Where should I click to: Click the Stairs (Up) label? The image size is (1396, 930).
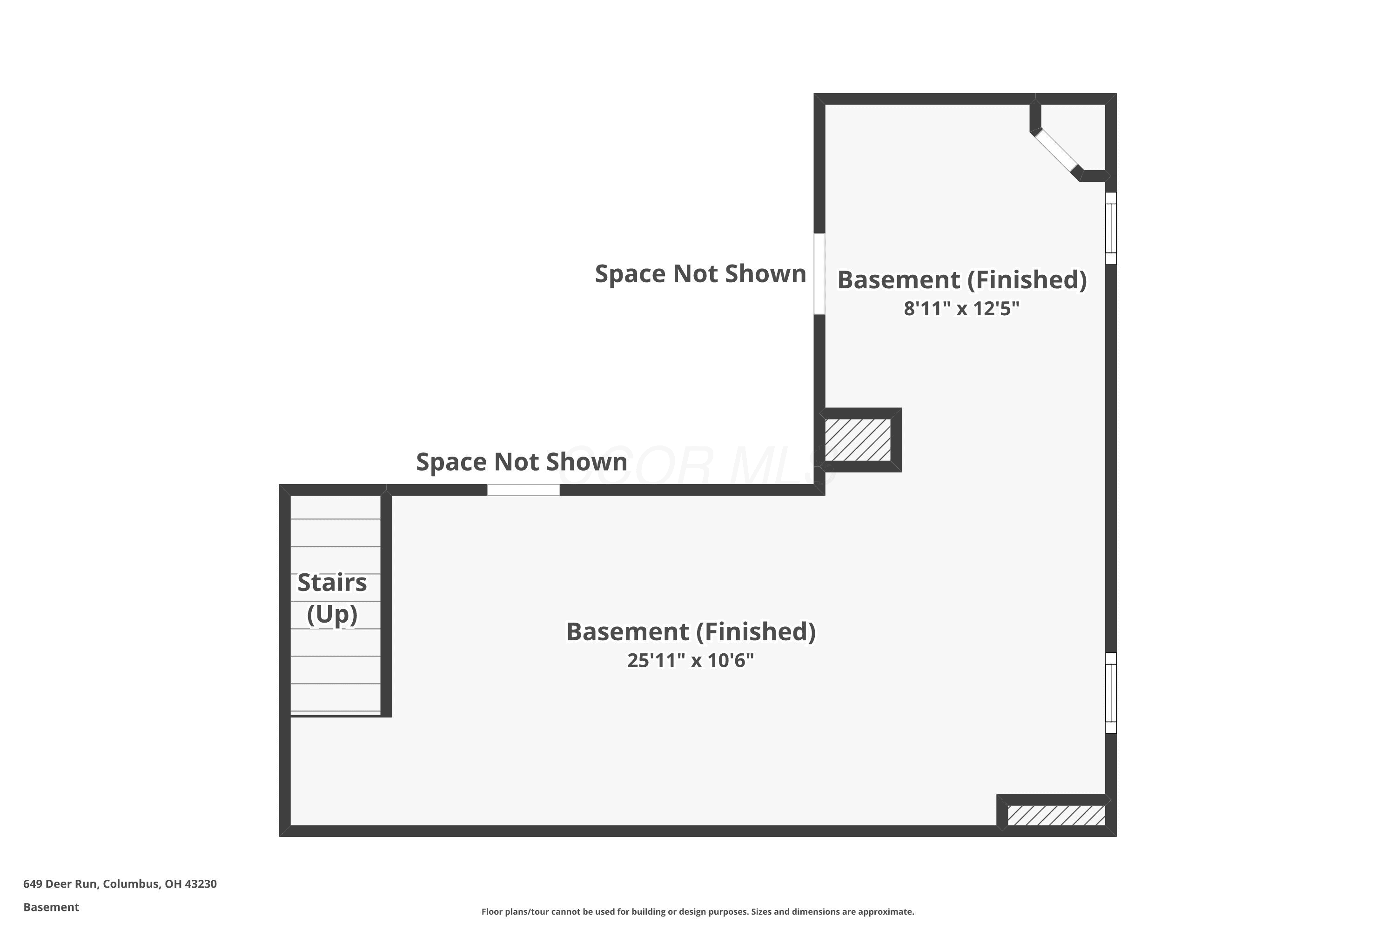tap(332, 598)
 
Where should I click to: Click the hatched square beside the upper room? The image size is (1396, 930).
tap(858, 439)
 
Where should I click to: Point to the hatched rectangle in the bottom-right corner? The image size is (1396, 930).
tap(1056, 815)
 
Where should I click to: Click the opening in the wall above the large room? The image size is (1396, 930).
tap(523, 490)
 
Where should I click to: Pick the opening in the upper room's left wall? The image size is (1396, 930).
tap(819, 273)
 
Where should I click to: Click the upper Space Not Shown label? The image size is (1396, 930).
tap(700, 274)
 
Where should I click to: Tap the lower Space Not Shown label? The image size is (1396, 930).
tap(522, 462)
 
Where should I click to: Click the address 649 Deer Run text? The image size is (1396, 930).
tap(120, 884)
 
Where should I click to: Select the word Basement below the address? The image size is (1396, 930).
tap(51, 907)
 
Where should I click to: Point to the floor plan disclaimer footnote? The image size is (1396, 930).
tap(698, 911)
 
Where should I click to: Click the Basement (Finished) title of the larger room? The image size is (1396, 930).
tap(691, 631)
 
